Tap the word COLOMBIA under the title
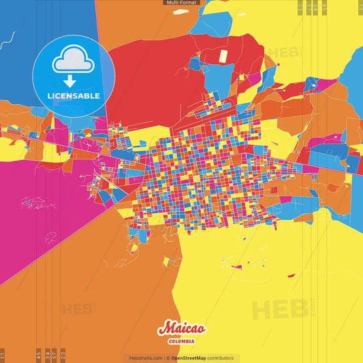click(181, 341)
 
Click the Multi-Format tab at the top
click(181, 3)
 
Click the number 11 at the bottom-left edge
click(3, 355)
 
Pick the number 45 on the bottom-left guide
click(39, 355)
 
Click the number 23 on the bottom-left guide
click(63, 355)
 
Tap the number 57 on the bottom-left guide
click(54, 355)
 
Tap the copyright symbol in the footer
click(168, 358)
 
